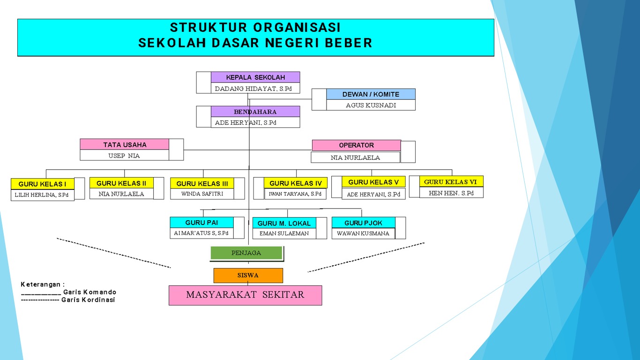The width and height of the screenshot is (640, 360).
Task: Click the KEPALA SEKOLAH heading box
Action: (x=255, y=77)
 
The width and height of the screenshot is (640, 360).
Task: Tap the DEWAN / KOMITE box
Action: (x=371, y=94)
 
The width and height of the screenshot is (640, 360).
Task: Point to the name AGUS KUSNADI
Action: (x=371, y=105)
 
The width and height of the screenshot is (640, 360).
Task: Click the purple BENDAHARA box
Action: (x=255, y=112)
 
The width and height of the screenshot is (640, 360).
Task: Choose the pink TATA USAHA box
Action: (x=125, y=144)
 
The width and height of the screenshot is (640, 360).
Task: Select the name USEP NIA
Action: (x=124, y=156)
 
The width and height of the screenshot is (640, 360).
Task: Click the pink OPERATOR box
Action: (x=356, y=145)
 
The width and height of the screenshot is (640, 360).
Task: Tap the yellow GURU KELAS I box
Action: (x=42, y=184)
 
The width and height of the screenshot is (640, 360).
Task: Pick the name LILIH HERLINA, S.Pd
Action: (x=42, y=195)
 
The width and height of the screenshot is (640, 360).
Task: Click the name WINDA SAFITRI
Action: (x=202, y=194)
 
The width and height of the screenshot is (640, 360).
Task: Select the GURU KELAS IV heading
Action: (x=296, y=183)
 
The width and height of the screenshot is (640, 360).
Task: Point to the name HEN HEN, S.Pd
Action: (x=451, y=193)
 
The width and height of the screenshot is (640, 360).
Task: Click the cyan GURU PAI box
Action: (x=201, y=223)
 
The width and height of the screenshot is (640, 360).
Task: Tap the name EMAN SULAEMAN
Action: (x=284, y=233)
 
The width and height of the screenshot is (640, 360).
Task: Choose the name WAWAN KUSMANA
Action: (x=363, y=233)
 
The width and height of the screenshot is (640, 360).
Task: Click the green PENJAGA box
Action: (x=246, y=253)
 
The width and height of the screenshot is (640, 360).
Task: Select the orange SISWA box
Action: (x=248, y=276)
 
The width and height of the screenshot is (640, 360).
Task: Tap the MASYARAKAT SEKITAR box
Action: (x=245, y=295)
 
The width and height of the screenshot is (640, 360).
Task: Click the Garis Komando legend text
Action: (x=89, y=292)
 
